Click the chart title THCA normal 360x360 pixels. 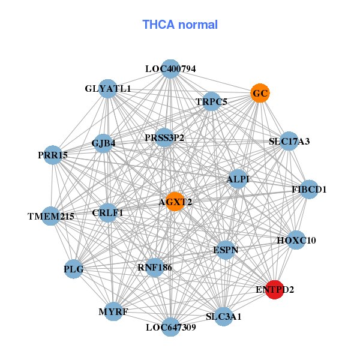click(180, 25)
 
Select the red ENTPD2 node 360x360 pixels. click(274, 289)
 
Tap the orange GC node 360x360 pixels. click(259, 94)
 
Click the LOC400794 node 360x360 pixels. click(171, 68)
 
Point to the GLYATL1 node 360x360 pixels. click(108, 88)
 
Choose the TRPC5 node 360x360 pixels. click(211, 101)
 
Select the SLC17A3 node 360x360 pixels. click(289, 142)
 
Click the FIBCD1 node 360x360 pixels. click(308, 190)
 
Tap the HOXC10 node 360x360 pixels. click(296, 240)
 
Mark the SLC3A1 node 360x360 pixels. click(223, 316)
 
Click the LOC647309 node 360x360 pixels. click(171, 327)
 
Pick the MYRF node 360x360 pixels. click(113, 311)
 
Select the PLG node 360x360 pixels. click(73, 269)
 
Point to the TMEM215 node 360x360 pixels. click(51, 216)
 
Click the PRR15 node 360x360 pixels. click(53, 155)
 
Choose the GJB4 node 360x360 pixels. click(104, 143)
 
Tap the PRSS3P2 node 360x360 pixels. click(164, 137)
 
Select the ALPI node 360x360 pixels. click(238, 179)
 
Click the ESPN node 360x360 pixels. click(226, 249)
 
